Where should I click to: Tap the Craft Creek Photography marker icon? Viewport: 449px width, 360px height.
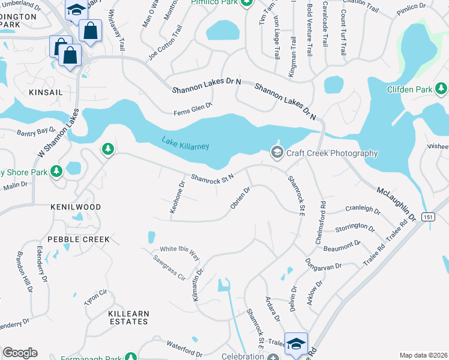coord(277,153)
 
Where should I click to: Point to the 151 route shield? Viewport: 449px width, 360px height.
coord(427,217)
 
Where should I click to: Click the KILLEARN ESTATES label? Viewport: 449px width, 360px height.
coord(128,317)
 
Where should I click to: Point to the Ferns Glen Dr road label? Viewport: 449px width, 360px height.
coord(193,109)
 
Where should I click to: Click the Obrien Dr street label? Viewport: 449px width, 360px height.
coord(240,197)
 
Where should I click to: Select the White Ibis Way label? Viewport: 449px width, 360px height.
coord(179,252)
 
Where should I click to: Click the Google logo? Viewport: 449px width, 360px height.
coord(20,353)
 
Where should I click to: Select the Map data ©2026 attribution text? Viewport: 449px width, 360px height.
coord(423,355)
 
